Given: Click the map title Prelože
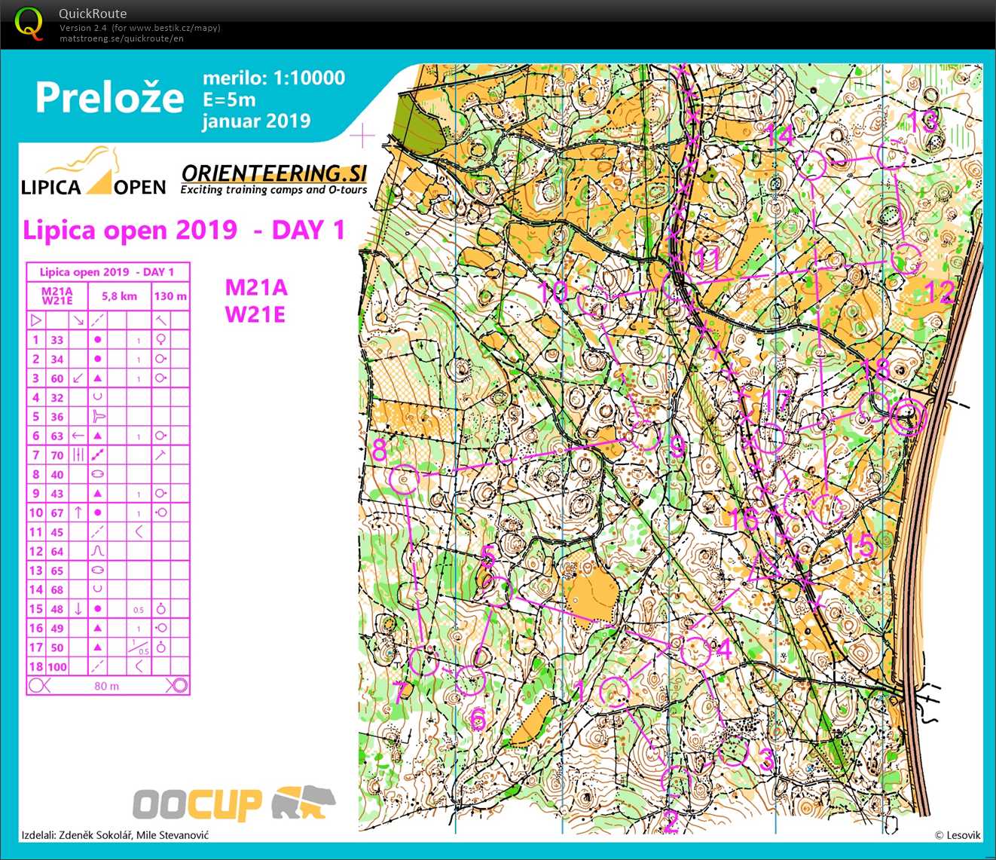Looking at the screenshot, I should pos(109,98).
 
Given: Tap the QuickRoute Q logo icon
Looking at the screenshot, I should pos(29,23).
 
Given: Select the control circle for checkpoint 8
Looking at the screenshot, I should pos(405,479).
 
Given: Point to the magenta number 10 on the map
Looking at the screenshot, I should pos(554,292).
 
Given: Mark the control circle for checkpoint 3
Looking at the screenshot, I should pos(732,751).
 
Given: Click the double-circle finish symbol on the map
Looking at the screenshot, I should pos(908,418).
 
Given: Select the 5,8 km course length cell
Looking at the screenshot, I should pos(120,296).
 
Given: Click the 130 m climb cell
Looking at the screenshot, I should pos(170,296).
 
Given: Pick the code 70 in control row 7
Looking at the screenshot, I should pos(57,455).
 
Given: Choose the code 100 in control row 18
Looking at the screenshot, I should pos(57,667).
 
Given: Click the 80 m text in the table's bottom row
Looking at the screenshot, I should pos(107,686).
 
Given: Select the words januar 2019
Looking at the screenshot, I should pos(257,121).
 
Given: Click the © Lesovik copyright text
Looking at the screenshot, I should pos(958,835).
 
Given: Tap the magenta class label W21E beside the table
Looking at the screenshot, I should pos(255,314).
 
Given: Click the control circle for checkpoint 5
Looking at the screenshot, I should pos(497,591).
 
